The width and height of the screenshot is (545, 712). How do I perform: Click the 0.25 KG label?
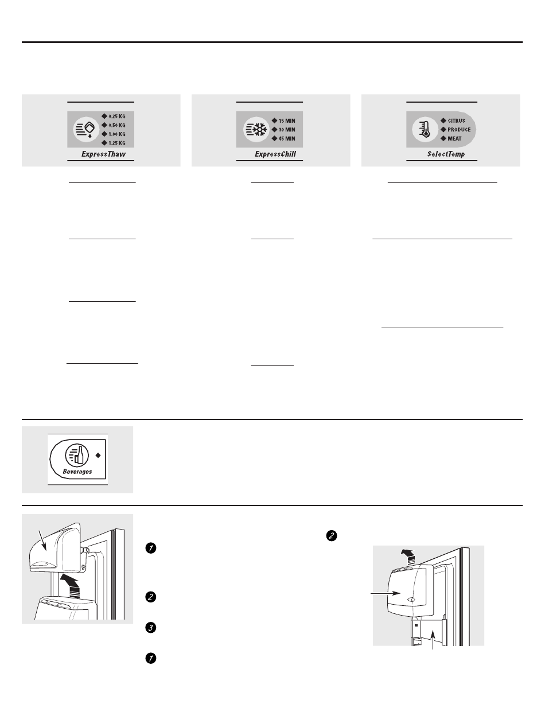[x=117, y=116]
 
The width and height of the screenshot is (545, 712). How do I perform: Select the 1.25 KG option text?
[x=117, y=143]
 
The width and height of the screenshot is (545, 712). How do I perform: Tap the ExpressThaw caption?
[x=103, y=154]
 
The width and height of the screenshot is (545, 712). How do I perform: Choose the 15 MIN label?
[x=287, y=121]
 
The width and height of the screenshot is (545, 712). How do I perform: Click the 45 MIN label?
[x=287, y=139]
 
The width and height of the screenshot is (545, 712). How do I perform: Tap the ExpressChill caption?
[x=275, y=154]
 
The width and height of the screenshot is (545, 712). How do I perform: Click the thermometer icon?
[x=425, y=130]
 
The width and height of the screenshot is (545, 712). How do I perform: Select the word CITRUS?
[x=456, y=121]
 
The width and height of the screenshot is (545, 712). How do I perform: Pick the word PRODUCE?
[x=459, y=130]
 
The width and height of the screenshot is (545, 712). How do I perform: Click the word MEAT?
[x=454, y=139]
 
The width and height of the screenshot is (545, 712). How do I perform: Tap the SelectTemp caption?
[x=446, y=154]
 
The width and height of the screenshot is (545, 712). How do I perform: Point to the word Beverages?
[x=77, y=472]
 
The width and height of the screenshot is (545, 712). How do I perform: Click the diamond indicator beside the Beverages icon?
[x=98, y=455]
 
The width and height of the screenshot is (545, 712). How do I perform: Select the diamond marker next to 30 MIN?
[x=274, y=130]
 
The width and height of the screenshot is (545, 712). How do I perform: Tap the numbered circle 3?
[x=151, y=628]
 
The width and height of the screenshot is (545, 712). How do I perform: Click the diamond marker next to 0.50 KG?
[x=104, y=125]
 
